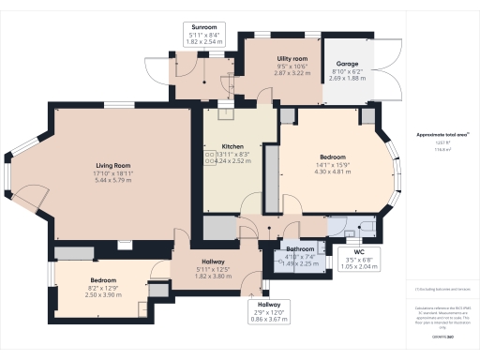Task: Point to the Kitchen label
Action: tap(232, 147)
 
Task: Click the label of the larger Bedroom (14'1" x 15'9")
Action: tap(334, 156)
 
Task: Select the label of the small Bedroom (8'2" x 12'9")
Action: tap(103, 280)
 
